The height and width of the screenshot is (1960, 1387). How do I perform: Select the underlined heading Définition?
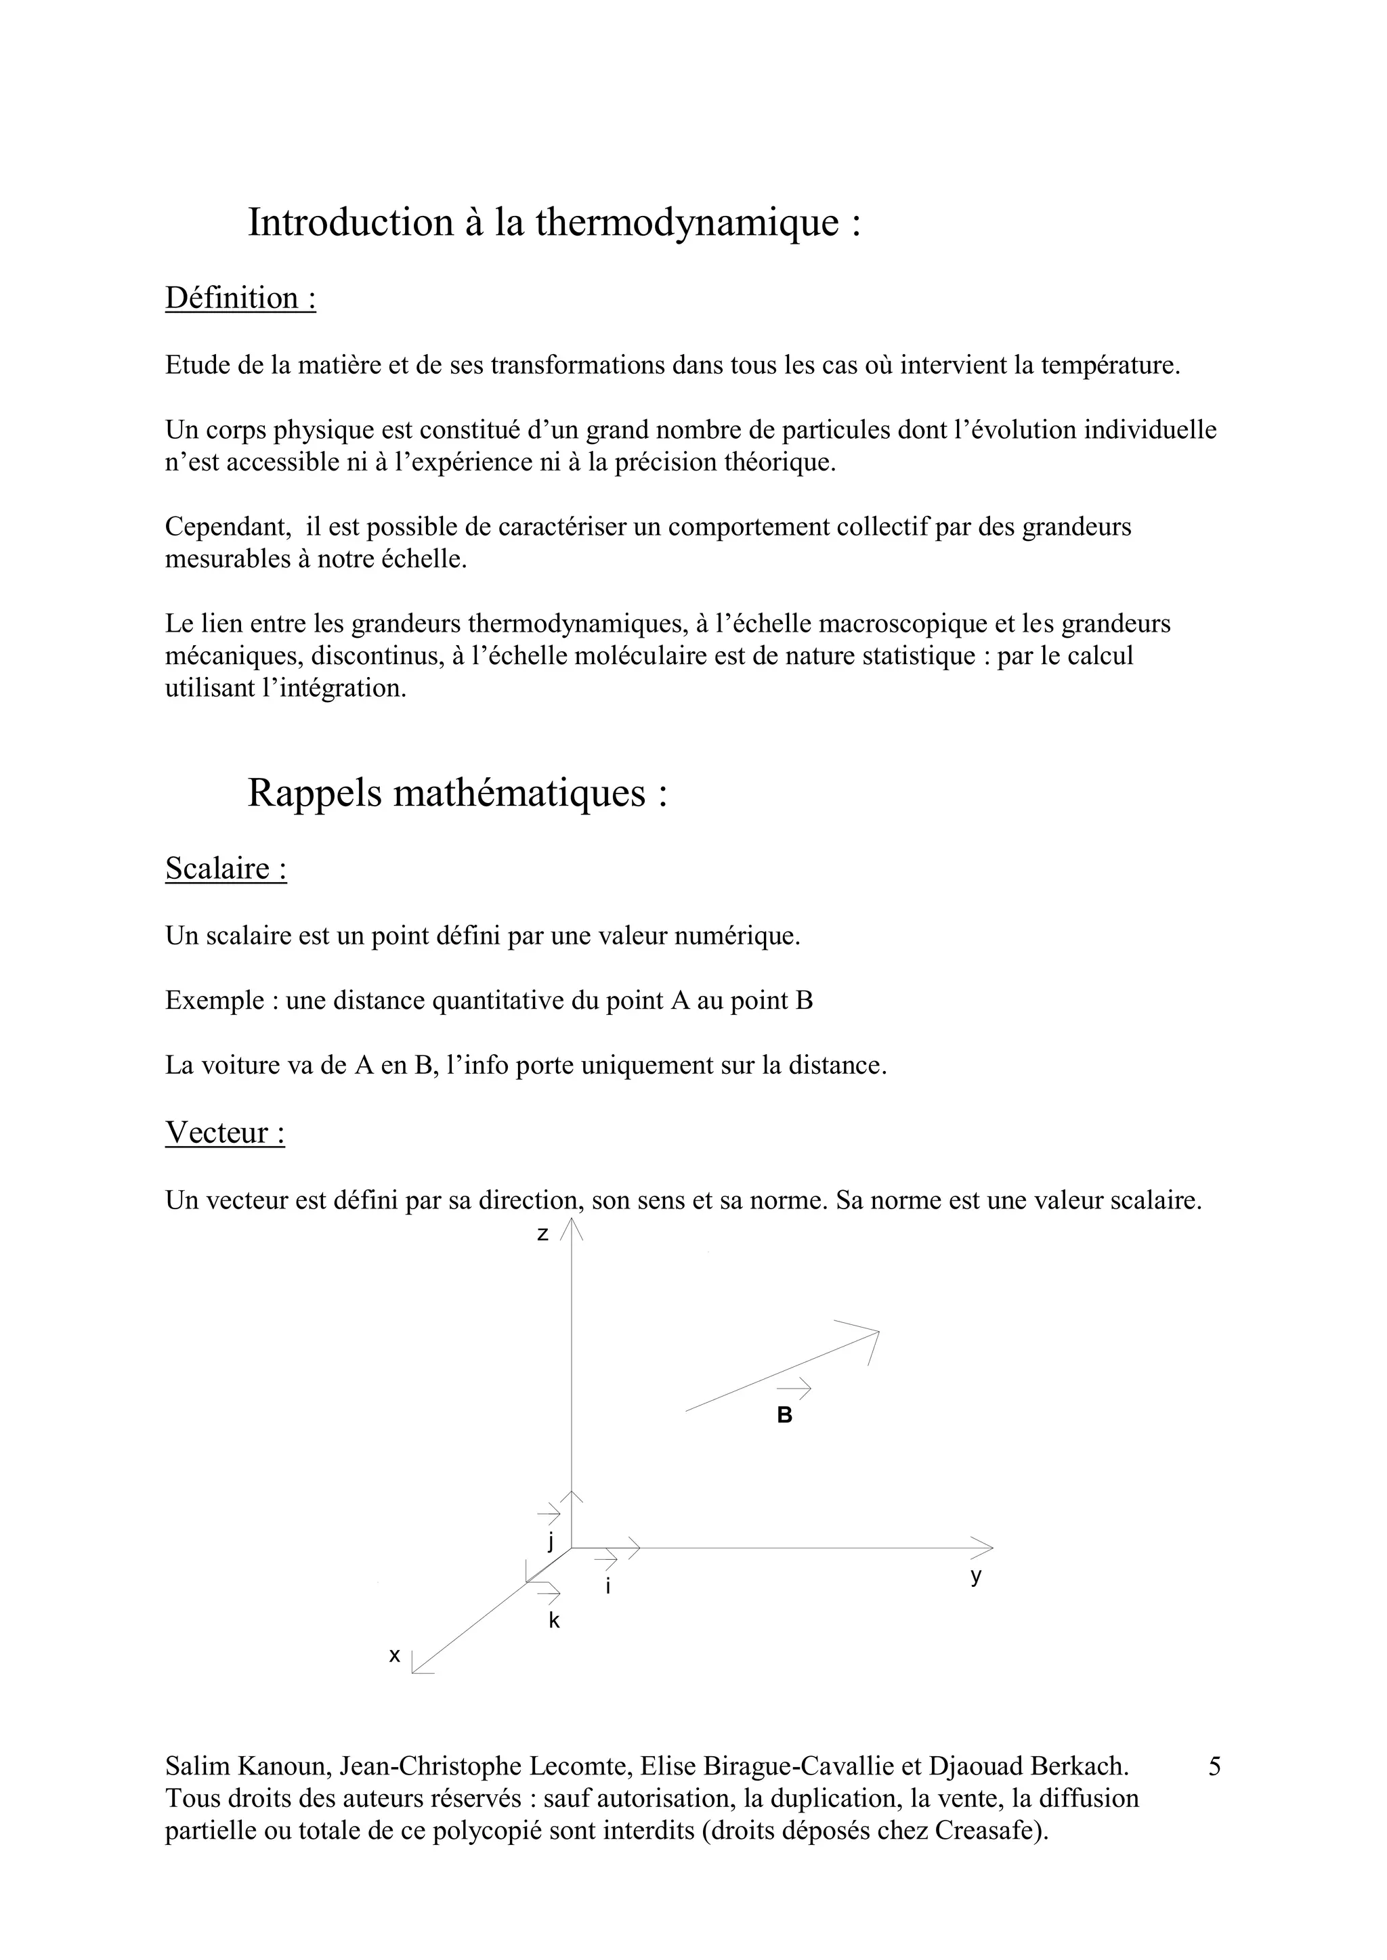tap(240, 299)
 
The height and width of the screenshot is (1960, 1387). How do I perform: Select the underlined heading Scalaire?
tap(226, 869)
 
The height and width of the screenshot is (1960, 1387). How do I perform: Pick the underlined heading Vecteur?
tap(225, 1133)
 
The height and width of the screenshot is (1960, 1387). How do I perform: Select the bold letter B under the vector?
tap(784, 1416)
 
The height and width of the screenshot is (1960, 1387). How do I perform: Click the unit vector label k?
tap(553, 1621)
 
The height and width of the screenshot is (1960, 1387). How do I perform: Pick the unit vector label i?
tap(607, 1587)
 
